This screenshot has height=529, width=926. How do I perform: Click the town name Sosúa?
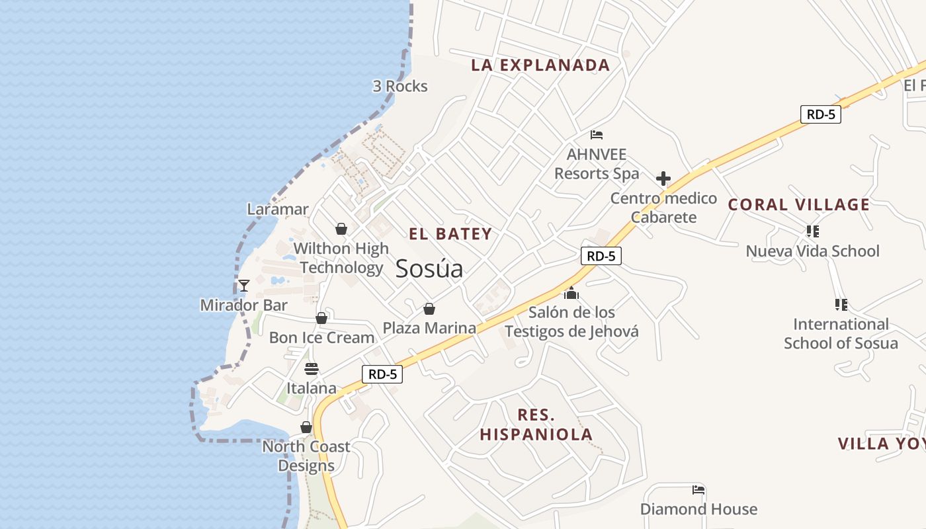[429, 268]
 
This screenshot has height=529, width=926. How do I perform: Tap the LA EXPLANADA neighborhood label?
[540, 65]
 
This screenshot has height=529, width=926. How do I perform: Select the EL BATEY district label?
[450, 233]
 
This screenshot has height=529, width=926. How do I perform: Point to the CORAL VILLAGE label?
[799, 204]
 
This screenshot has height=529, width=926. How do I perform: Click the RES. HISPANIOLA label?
[536, 425]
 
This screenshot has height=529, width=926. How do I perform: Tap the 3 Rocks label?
[400, 86]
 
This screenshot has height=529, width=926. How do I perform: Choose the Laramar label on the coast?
[278, 209]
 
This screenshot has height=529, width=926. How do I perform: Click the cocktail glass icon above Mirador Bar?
[244, 286]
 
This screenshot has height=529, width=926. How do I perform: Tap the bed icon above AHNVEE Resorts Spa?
[597, 135]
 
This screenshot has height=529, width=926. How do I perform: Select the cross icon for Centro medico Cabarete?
[663, 179]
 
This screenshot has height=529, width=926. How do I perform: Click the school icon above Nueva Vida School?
[812, 231]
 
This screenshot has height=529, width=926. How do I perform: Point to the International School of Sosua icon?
[841, 305]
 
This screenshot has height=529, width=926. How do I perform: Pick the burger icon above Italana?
[311, 368]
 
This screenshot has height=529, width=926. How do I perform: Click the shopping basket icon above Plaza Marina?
[429, 309]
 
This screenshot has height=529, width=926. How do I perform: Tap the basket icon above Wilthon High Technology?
[341, 229]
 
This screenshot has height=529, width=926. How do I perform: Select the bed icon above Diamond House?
[698, 490]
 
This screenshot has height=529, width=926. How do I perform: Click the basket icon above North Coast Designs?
[306, 427]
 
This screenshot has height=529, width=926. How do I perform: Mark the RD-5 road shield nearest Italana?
[382, 374]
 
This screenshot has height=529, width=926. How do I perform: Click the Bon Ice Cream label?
[321, 337]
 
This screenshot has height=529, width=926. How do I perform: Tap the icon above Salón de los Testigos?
[571, 293]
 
